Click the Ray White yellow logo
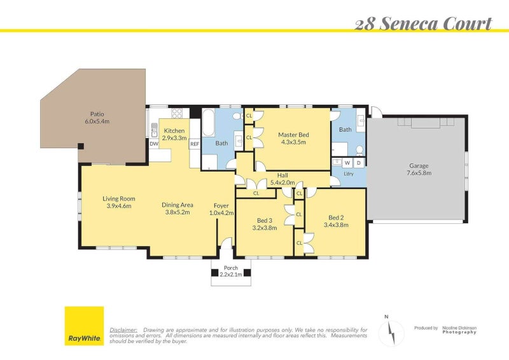point(85,326)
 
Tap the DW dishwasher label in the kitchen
point(154,144)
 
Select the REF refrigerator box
point(195,144)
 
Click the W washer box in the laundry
point(347,163)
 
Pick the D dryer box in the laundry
point(359,163)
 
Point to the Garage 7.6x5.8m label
point(419,169)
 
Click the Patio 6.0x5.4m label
point(97,118)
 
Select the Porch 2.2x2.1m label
point(231,271)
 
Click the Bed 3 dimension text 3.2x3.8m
point(265,228)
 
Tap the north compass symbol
point(391,332)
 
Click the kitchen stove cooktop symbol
point(177,113)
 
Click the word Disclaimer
point(123,330)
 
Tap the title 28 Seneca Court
point(423,24)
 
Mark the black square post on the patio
point(81,146)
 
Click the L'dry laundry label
point(349,174)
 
